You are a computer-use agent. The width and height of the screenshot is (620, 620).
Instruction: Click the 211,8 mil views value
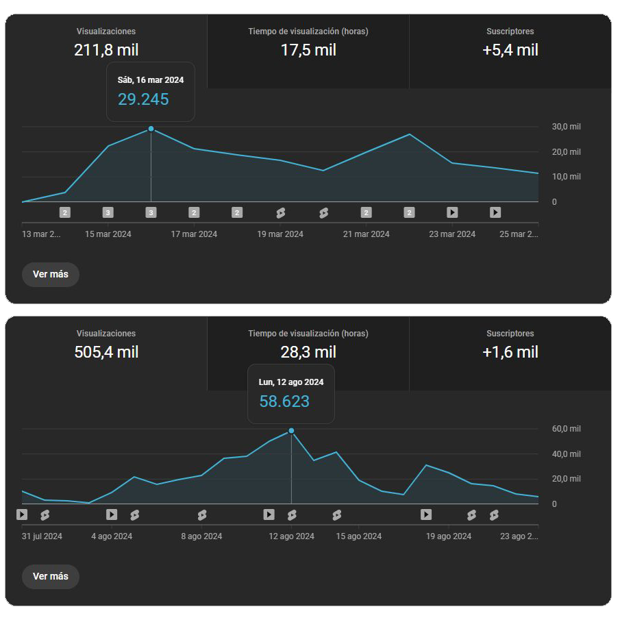(106, 50)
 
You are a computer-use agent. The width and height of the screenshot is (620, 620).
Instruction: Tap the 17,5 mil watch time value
(308, 50)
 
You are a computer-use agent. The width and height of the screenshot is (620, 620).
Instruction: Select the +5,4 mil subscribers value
(510, 50)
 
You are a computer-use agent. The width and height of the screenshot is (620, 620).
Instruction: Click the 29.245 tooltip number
(143, 99)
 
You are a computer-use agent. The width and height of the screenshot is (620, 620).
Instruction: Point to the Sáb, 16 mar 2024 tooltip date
(151, 80)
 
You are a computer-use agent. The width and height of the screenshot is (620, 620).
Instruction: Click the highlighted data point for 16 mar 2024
(151, 129)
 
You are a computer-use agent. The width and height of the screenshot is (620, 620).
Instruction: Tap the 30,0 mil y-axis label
(566, 127)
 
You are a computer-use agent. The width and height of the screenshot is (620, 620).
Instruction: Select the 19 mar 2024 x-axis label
(280, 234)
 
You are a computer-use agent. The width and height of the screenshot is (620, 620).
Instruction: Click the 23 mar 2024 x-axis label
(452, 234)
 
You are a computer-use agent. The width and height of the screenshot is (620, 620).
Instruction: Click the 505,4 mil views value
(106, 352)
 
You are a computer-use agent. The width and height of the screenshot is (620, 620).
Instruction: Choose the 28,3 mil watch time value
(308, 352)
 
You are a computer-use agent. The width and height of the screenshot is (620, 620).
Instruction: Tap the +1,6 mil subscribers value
(510, 352)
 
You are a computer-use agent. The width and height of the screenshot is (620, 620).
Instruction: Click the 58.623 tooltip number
(284, 401)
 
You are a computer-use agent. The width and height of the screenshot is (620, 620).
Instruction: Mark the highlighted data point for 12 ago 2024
(291, 431)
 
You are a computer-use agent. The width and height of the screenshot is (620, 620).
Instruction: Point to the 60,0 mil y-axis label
(566, 429)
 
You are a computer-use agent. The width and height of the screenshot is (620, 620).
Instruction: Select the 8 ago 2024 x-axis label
(201, 536)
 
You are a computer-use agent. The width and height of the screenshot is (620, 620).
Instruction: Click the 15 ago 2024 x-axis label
(358, 536)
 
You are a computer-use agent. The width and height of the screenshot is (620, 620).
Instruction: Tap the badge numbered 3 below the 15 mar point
(108, 212)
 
